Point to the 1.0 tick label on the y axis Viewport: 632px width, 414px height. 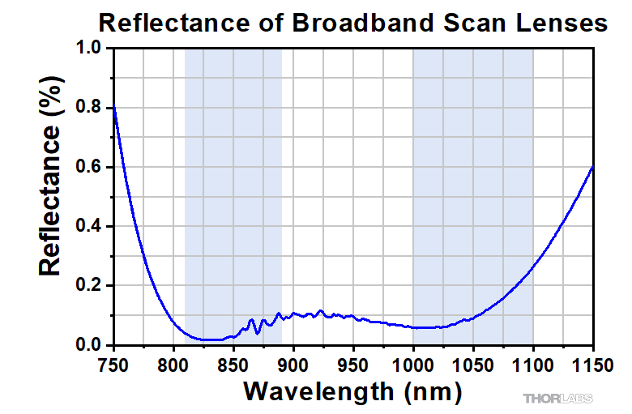[x=91, y=49]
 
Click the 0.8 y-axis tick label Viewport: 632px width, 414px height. [x=91, y=108]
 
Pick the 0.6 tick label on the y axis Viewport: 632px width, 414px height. [x=91, y=168]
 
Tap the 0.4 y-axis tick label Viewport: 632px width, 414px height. [x=91, y=227]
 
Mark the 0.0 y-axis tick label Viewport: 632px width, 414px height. [x=91, y=346]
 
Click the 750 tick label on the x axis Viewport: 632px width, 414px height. [x=114, y=364]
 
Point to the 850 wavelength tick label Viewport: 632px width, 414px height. [x=234, y=364]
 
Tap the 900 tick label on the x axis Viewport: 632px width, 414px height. [x=294, y=364]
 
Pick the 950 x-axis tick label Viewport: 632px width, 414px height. [x=354, y=364]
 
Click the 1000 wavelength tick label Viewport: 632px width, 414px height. [x=414, y=364]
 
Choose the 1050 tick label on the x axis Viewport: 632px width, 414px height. [x=474, y=364]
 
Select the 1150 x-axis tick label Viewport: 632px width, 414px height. [x=592, y=364]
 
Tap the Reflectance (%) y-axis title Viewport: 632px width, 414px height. [x=51, y=197]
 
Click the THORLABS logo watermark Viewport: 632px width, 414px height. [x=557, y=399]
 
